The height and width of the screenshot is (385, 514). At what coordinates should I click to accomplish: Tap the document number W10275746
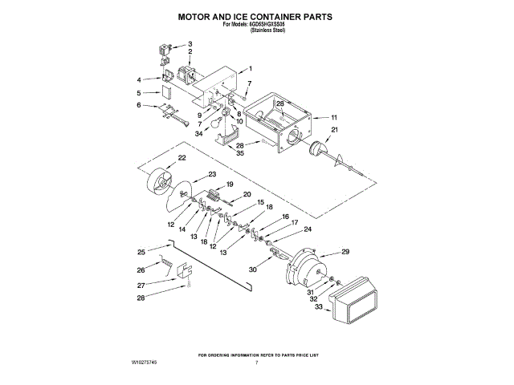coord(145,363)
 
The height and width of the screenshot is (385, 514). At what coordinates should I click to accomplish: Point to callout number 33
coord(318,307)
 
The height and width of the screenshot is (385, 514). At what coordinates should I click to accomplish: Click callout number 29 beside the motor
coord(345,252)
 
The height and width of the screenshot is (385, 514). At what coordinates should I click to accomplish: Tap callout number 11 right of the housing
coord(334,117)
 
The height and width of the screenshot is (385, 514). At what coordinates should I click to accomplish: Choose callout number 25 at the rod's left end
coord(141,252)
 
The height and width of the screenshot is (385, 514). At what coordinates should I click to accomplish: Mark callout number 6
coord(138,105)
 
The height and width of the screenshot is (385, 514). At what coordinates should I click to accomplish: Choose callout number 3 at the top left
coord(190,43)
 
